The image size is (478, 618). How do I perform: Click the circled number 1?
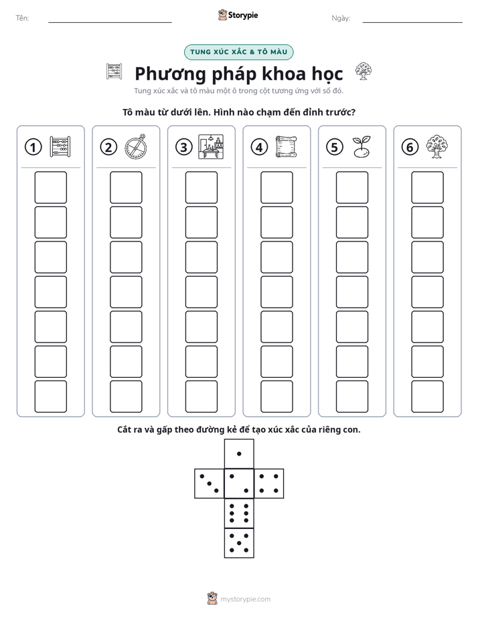(33, 147)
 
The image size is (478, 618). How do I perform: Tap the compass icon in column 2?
(136, 146)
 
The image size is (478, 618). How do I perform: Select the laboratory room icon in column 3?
(211, 146)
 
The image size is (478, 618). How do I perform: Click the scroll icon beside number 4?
(286, 146)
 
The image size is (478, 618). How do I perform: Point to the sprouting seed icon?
(362, 146)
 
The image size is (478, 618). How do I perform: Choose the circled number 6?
(410, 147)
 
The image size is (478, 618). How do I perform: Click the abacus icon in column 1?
(60, 146)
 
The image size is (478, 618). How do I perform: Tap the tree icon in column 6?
(437, 146)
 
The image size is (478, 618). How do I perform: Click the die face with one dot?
(239, 454)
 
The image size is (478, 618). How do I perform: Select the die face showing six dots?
(239, 513)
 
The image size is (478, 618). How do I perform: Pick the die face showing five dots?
(239, 543)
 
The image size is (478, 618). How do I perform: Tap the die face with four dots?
(269, 484)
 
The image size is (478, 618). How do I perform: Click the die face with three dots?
(210, 484)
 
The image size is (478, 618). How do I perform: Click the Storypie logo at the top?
(238, 15)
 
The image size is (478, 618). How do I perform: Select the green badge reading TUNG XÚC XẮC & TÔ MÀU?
(238, 52)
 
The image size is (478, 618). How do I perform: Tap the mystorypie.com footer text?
(245, 599)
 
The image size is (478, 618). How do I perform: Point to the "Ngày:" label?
(341, 18)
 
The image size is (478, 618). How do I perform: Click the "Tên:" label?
(22, 18)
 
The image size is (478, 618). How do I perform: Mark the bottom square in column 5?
(352, 397)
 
